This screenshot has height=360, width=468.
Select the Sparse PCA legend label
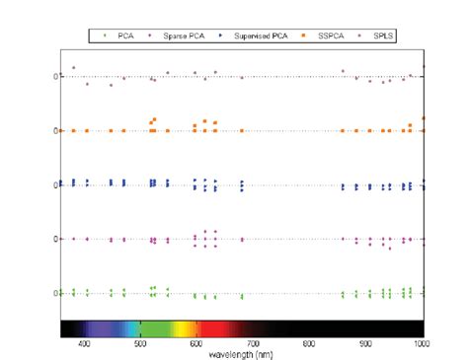tap(179, 36)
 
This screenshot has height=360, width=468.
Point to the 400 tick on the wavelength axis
tap(85, 343)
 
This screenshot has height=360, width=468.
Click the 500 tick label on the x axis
tap(141, 343)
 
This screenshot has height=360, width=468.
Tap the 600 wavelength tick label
tap(197, 343)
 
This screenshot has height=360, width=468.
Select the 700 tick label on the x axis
tap(254, 343)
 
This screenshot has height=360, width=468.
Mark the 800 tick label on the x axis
tap(310, 343)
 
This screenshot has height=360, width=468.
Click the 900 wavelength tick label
tap(366, 343)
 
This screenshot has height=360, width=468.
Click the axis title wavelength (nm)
tap(242, 353)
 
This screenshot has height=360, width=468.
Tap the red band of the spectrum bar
tap(212, 328)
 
